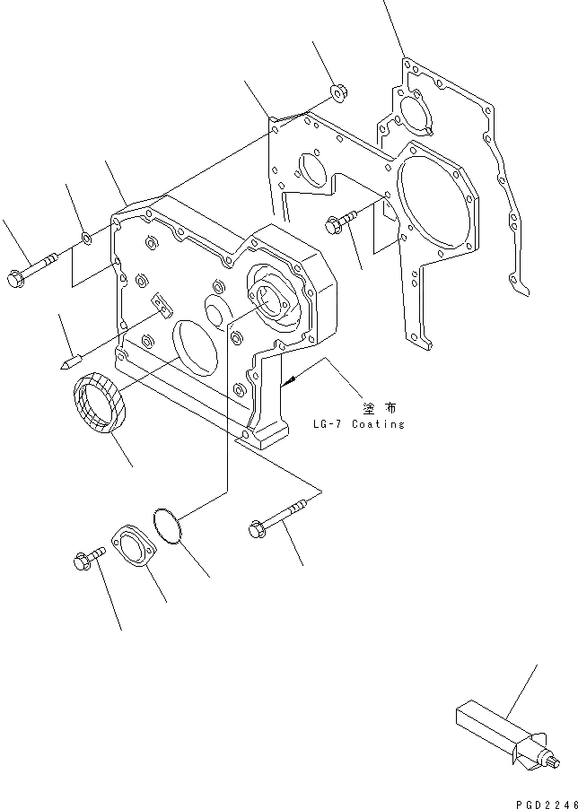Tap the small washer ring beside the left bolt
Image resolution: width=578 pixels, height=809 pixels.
pyautogui.click(x=85, y=239)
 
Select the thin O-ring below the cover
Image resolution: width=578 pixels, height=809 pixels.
pyautogui.click(x=167, y=526)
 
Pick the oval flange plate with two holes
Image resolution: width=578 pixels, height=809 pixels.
pyautogui.click(x=132, y=550)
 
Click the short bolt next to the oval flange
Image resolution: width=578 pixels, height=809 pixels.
pyautogui.click(x=86, y=561)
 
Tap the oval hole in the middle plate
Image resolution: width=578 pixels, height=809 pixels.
pyautogui.click(x=310, y=172)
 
